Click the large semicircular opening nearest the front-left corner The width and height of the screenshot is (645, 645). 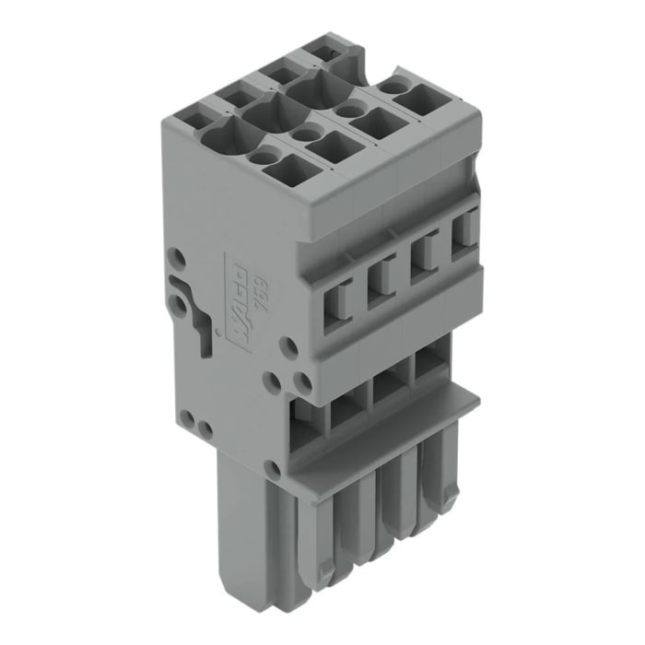pos(219,141)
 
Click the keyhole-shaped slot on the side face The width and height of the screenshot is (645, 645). pos(196,309)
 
